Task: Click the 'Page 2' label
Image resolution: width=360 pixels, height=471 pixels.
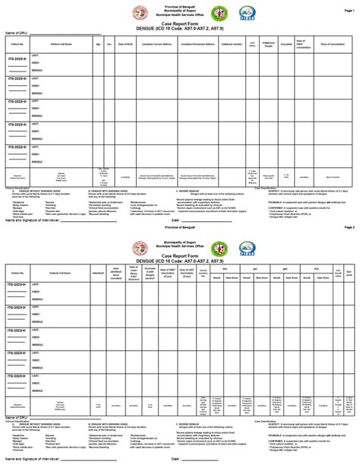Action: (349, 227)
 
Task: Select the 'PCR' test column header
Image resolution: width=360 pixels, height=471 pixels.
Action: (316, 267)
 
